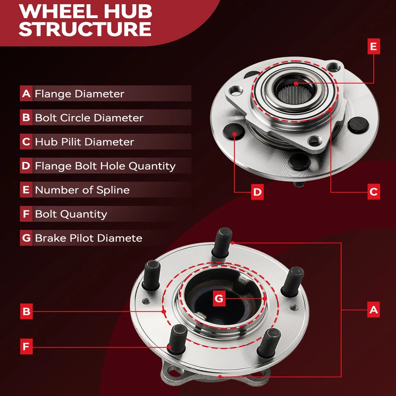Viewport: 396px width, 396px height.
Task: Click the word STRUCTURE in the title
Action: (85, 29)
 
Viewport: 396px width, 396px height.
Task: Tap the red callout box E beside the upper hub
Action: (374, 47)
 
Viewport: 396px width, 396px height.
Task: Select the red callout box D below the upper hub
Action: (257, 192)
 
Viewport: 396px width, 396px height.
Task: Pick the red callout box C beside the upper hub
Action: (374, 192)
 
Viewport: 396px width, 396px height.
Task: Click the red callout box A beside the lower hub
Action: (374, 309)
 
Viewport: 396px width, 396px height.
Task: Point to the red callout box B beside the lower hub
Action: (26, 311)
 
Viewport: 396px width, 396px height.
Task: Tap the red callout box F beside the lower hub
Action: (26, 346)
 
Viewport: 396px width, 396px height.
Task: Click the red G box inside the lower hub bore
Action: (219, 299)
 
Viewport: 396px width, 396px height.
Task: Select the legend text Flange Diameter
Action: (80, 94)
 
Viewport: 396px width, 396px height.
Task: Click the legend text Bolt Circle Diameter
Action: (89, 118)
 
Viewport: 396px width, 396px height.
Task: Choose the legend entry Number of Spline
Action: (82, 190)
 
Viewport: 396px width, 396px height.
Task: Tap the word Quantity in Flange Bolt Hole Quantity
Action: (152, 166)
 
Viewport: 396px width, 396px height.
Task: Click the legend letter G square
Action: (26, 238)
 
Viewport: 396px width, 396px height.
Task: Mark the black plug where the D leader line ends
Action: (233, 132)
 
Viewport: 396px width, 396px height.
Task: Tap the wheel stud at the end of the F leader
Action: (177, 339)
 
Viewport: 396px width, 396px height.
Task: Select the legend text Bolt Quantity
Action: (71, 214)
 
